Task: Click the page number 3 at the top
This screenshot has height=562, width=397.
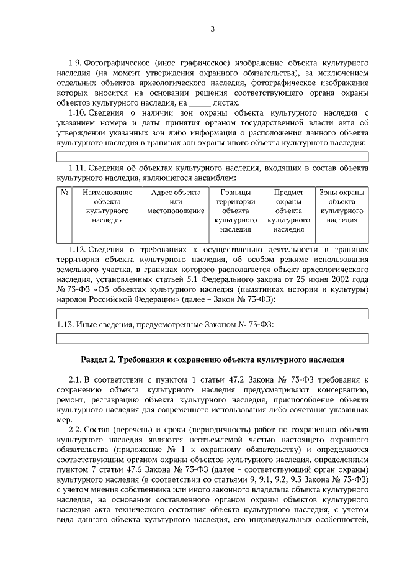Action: click(212, 29)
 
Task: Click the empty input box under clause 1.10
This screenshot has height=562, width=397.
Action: click(212, 156)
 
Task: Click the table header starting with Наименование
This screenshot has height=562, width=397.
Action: click(107, 206)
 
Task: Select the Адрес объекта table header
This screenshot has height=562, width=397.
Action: click(176, 202)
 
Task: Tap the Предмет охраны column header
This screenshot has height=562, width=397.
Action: click(288, 211)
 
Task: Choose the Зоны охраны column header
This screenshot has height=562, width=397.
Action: click(342, 206)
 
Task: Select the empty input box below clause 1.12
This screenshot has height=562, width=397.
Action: click(212, 314)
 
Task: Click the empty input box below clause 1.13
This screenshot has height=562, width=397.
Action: click(212, 338)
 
